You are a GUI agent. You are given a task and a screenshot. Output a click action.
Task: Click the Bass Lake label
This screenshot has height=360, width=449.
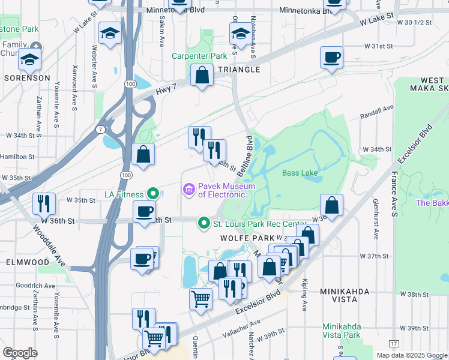click(300, 173)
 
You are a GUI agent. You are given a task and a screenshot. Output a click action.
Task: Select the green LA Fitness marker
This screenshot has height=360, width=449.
click(154, 194)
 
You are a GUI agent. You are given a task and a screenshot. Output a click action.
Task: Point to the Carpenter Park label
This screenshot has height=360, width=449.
click(199, 56)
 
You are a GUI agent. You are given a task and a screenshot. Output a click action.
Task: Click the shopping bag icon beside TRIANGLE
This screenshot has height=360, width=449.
click(202, 76)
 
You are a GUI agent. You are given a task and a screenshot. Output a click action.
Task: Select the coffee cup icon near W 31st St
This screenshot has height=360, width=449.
click(331, 58)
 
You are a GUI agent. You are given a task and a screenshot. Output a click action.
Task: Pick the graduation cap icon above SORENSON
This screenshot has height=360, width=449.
click(29, 59)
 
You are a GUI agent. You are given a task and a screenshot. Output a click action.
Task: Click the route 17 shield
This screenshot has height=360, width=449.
click(393, 344)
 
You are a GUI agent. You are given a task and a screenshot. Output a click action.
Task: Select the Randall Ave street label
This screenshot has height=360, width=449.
click(376, 112)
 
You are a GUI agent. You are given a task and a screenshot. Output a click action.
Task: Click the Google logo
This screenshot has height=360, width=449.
click(20, 353)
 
